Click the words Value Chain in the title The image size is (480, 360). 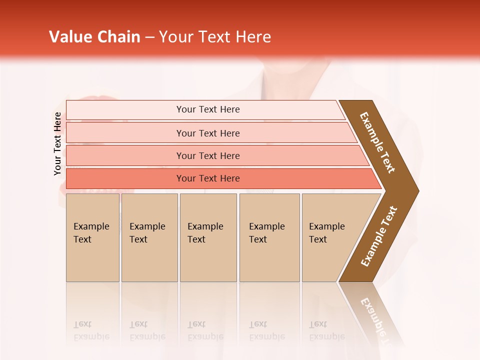click(x=94, y=37)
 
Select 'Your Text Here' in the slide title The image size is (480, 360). click(x=215, y=37)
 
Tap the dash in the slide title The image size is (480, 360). click(x=149, y=37)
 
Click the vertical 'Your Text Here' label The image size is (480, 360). click(x=57, y=143)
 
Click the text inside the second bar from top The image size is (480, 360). click(x=208, y=133)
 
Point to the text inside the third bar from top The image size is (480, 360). click(x=208, y=156)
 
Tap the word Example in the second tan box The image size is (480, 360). click(x=147, y=226)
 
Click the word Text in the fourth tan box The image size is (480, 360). click(x=258, y=239)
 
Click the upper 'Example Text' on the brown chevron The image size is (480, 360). click(x=377, y=142)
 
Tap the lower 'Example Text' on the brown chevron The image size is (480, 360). click(x=378, y=236)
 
